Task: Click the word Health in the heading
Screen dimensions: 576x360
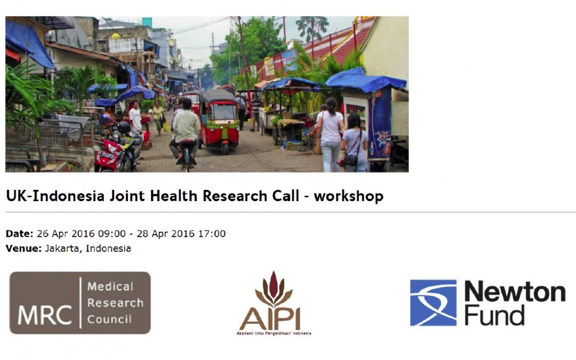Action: click(x=174, y=196)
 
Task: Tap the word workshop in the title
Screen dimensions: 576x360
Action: click(x=349, y=196)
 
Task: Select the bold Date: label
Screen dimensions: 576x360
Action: click(x=20, y=234)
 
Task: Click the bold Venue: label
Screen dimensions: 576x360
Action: click(x=24, y=249)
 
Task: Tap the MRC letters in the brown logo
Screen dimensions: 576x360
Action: click(x=44, y=315)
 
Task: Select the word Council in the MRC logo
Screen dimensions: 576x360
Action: click(x=109, y=319)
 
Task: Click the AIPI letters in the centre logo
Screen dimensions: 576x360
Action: click(x=270, y=319)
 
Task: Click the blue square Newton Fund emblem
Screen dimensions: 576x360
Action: click(x=433, y=303)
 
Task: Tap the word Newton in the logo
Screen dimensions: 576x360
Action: click(x=515, y=292)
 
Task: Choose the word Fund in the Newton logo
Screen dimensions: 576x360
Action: click(x=494, y=315)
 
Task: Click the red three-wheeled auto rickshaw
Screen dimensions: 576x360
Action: click(x=219, y=121)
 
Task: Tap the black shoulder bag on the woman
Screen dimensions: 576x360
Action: click(x=351, y=159)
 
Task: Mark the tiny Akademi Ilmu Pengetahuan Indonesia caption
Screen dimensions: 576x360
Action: click(x=274, y=333)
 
